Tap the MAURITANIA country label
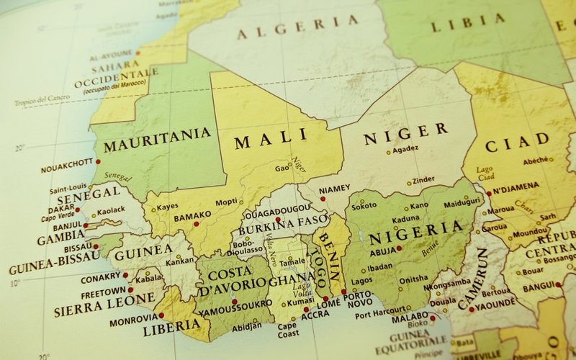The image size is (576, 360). click(158, 140)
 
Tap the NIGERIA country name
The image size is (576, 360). click(415, 233)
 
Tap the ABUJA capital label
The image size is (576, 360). click(382, 252)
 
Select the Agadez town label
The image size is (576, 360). click(406, 149)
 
